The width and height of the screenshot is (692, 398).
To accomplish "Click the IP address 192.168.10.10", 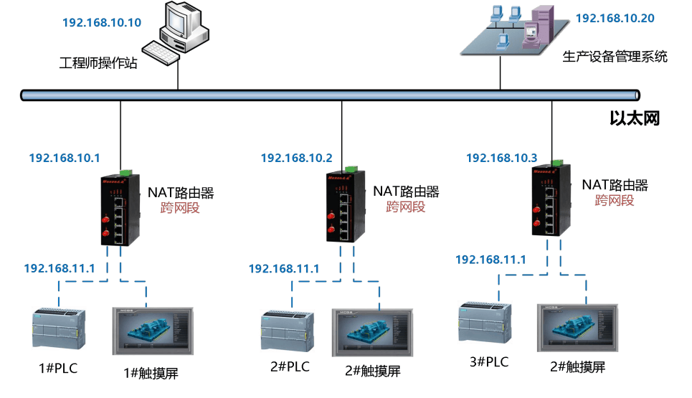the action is click(102, 22).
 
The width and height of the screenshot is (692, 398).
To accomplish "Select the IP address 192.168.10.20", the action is click(615, 18).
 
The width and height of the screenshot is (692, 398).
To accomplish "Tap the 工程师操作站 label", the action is click(98, 62).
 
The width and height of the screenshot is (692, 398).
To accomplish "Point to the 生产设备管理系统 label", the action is click(615, 57).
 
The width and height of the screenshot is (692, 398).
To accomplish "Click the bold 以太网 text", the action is click(635, 118).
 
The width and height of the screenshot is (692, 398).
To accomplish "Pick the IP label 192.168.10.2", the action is click(297, 158).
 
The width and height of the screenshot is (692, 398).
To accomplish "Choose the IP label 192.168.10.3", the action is click(502, 158).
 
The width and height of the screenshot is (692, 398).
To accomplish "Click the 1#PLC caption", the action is click(58, 369).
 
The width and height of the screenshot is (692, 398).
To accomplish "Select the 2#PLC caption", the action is click(290, 366).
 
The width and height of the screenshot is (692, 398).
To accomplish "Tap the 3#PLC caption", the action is click(489, 362).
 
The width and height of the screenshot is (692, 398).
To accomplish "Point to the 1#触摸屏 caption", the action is click(151, 374).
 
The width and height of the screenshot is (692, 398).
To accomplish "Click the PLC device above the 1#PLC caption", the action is click(59, 328).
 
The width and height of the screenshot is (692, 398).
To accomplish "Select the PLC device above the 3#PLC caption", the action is click(485, 323).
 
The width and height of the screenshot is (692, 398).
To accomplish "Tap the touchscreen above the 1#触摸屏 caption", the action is click(153, 331).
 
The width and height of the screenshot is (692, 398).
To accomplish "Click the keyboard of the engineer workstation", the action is click(161, 53).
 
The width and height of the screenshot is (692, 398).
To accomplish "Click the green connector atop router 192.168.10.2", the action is click(352, 169).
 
